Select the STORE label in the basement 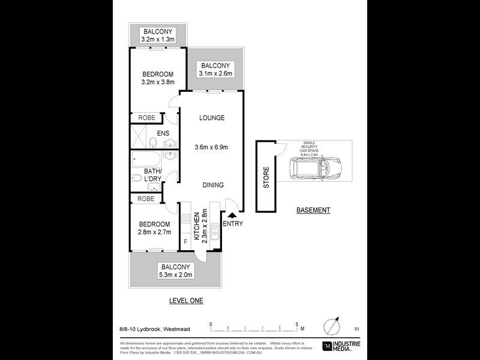tap(266, 178)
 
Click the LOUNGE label tap(212, 118)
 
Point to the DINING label tap(212, 185)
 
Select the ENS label tap(163, 133)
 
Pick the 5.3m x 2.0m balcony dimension tap(175, 275)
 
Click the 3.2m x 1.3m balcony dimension tap(157, 40)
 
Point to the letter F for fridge tap(185, 241)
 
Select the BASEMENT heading tap(313, 210)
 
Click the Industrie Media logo tap(343, 345)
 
